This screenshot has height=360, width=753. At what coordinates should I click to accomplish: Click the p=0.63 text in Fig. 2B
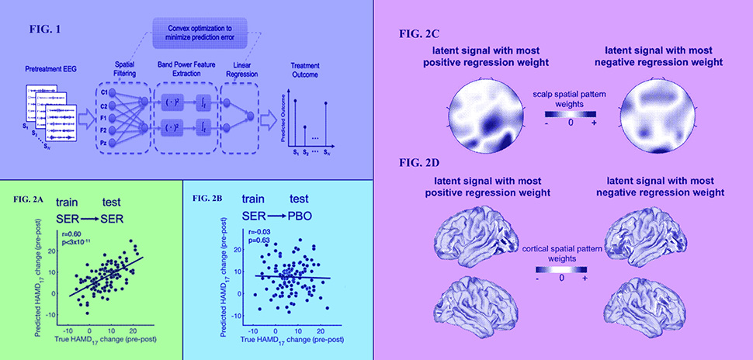pos(253,241)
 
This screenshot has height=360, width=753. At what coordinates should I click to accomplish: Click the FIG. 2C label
pos(417,35)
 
